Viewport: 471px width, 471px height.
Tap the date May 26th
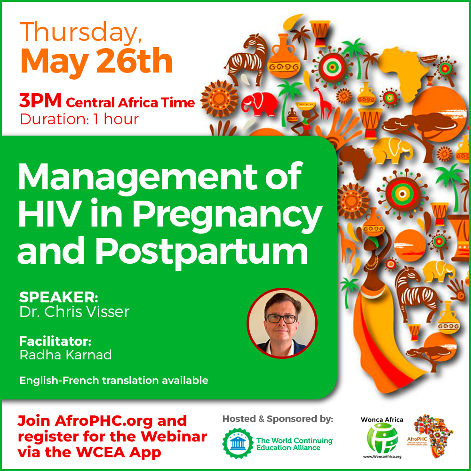96,61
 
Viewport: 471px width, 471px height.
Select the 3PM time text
40,101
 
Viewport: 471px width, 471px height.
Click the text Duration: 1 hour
80,120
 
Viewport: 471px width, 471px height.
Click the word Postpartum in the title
202,252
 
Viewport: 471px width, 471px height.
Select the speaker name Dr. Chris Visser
74,312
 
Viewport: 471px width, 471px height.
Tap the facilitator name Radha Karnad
65,355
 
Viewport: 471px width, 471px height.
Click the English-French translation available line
114,381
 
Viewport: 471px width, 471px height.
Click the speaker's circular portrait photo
282,323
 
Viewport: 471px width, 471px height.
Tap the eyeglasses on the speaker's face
281,318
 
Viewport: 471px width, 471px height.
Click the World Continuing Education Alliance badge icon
238,443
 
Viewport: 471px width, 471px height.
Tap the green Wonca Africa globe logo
382,438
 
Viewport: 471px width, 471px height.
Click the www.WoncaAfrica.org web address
382,456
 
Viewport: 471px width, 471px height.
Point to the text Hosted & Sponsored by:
278,419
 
